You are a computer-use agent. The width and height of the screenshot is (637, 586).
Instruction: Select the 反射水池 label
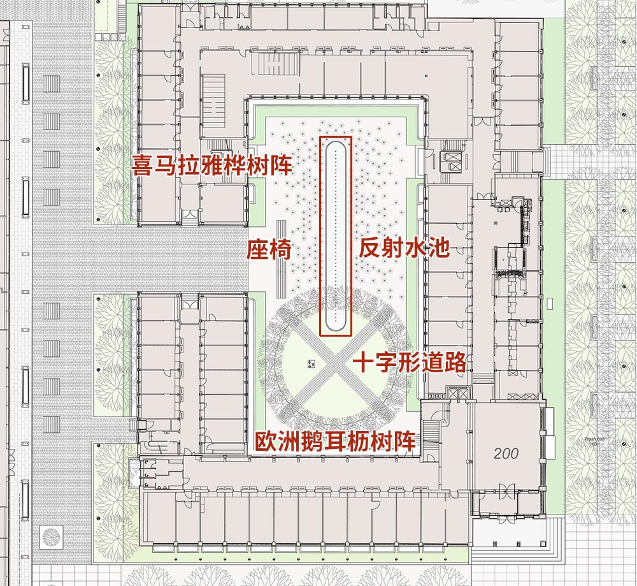[404, 247]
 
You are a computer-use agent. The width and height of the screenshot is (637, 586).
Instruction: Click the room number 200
[506, 453]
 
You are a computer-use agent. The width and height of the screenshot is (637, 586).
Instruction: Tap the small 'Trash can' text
[592, 439]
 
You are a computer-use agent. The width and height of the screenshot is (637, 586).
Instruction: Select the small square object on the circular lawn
[311, 363]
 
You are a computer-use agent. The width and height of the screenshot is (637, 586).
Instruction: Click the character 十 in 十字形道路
[365, 363]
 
